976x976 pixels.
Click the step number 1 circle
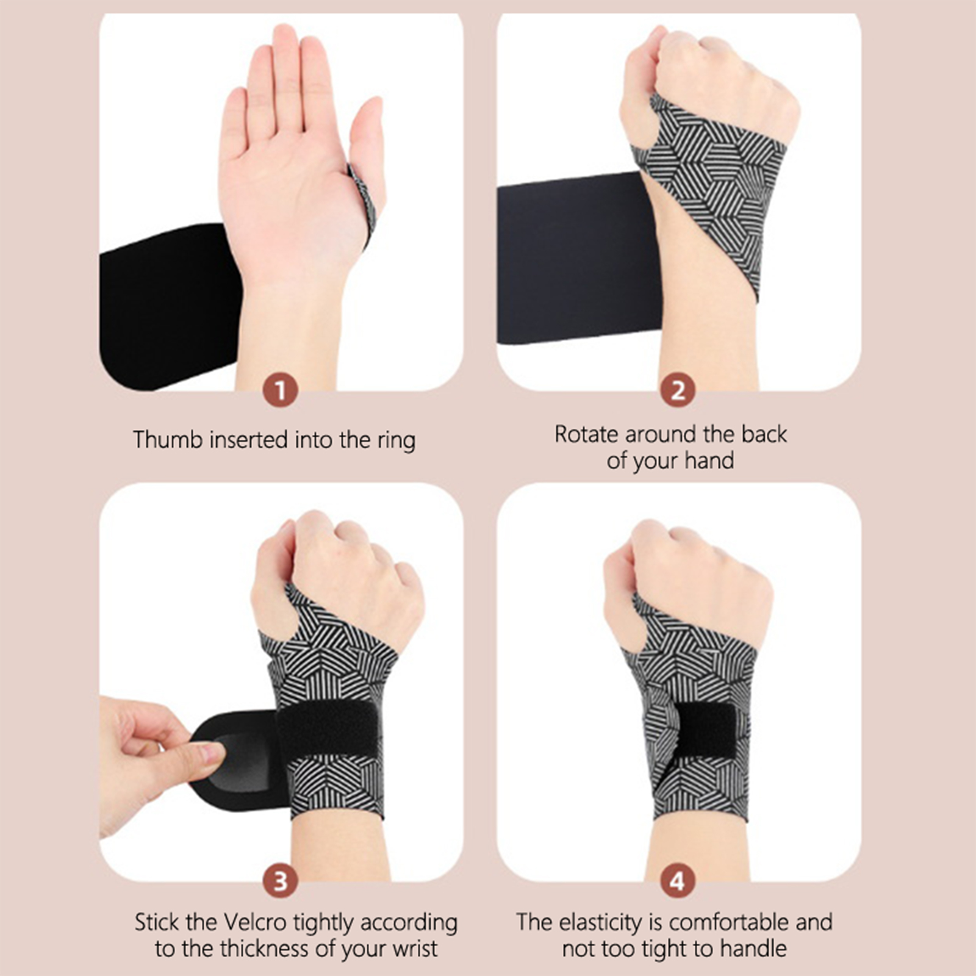point(280,390)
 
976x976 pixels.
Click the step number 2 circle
point(678,390)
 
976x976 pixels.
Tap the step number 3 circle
point(280,882)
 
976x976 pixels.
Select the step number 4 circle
point(678,882)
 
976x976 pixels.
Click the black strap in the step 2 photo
point(579,256)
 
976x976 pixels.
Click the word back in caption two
point(764,434)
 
